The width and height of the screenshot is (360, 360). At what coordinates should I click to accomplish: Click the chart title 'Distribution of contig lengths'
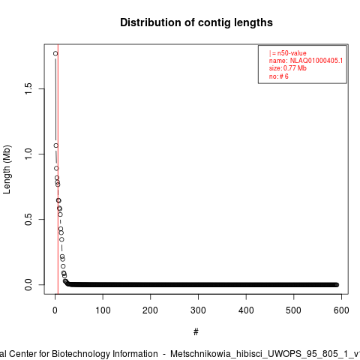click(x=196, y=22)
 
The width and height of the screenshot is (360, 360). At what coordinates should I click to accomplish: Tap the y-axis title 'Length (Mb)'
click(x=7, y=169)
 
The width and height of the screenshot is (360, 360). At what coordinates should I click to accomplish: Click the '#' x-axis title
click(x=196, y=332)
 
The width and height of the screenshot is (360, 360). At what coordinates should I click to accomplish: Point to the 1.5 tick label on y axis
click(x=28, y=88)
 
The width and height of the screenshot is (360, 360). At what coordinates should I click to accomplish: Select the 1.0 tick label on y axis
click(x=28, y=154)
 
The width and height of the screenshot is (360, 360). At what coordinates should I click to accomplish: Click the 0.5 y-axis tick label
click(x=28, y=219)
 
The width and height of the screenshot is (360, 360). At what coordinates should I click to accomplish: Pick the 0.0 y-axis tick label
click(x=28, y=285)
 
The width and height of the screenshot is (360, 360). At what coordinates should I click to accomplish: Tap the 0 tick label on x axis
click(x=55, y=310)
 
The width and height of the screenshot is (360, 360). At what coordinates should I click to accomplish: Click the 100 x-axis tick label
click(x=103, y=310)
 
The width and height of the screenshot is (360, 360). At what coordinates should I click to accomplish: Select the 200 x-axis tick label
click(x=150, y=310)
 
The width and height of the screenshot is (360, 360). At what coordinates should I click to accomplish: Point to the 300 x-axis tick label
click(x=198, y=310)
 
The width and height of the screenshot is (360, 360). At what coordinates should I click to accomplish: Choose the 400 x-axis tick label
click(x=246, y=310)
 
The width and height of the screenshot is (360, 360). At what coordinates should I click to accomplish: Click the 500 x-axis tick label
click(x=293, y=310)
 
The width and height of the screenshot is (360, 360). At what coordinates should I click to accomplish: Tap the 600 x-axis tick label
click(x=341, y=310)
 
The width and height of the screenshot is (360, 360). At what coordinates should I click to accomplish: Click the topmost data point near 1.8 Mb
click(x=55, y=53)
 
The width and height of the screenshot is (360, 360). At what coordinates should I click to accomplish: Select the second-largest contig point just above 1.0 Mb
click(x=56, y=145)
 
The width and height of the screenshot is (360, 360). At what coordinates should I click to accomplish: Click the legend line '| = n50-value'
click(x=288, y=53)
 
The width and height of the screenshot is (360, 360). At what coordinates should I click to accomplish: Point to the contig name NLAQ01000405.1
click(x=316, y=61)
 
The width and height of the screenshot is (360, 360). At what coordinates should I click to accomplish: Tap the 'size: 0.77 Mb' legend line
click(x=288, y=68)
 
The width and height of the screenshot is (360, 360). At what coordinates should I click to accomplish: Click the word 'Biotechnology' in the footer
click(x=81, y=354)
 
